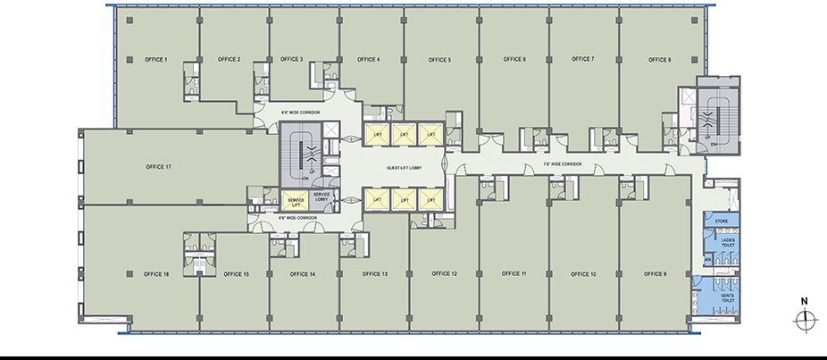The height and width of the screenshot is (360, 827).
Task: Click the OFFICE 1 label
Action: [156, 60]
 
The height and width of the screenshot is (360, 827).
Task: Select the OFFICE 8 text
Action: [659, 60]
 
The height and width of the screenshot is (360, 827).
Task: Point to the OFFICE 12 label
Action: [444, 273]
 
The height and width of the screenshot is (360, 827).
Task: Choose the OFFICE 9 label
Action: [655, 273]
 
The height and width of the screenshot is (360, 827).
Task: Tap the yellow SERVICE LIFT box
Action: [294, 201]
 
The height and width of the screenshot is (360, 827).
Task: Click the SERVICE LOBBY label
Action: [322, 197]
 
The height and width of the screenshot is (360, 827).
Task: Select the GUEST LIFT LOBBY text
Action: [404, 167]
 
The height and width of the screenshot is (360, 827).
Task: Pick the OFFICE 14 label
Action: [301, 273]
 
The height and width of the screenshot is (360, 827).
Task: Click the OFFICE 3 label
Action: [291, 60]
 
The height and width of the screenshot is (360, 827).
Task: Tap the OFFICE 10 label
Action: [581, 273]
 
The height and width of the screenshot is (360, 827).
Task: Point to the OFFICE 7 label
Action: [581, 60]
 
